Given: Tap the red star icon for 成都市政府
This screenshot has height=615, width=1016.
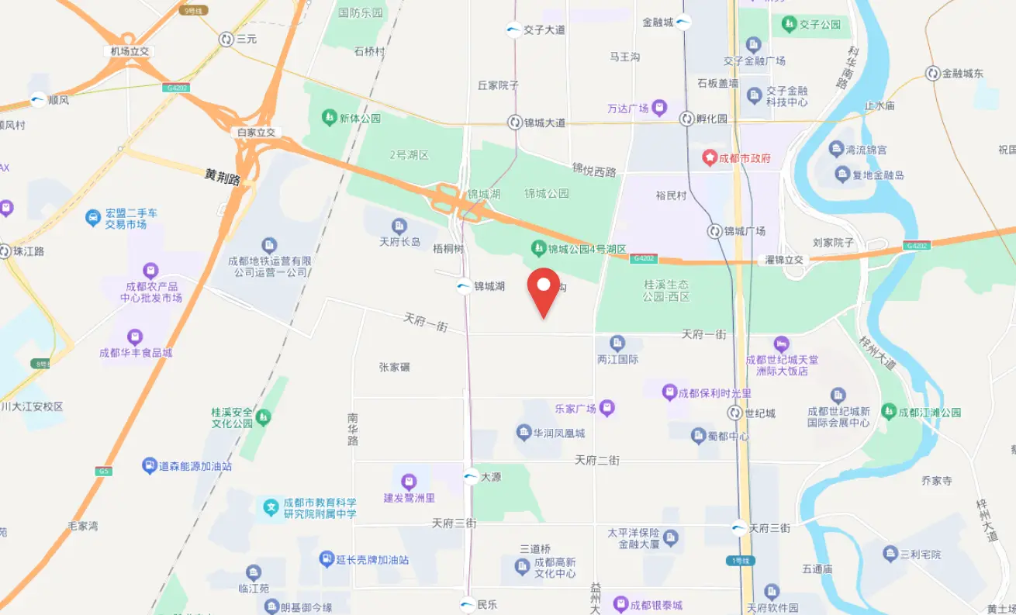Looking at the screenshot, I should coord(710,157).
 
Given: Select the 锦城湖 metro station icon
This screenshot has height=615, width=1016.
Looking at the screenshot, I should coord(463,286).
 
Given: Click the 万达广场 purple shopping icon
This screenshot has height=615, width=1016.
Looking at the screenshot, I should coord(658,107).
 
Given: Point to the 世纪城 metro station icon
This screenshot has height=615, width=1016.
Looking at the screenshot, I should coord(734,413).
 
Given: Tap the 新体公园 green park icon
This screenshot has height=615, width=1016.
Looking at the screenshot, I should coord(328,119).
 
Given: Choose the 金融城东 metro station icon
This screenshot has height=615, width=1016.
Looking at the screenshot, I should coord(932,74).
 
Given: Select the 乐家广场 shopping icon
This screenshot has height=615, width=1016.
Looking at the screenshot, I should coord(607,407).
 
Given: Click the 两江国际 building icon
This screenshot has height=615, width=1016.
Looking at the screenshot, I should coord(617,342).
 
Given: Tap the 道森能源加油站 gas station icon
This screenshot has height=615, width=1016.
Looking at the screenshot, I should coord(149,465).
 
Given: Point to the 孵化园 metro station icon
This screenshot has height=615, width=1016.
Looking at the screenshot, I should coord(686,119).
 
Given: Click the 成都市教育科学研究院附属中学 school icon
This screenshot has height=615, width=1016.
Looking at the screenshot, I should coord(271,508).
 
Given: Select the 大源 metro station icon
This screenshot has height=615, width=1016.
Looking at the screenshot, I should coord(471,477).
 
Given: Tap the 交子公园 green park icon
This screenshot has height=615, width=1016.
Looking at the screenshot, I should coord(789,24).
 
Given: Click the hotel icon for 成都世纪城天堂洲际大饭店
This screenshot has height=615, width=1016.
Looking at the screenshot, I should coord(781,343).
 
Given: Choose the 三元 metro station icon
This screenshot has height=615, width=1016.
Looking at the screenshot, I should coord(226,39).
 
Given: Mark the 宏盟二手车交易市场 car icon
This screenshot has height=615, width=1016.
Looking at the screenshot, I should coord(93,218).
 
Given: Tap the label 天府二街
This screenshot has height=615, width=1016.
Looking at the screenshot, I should coord(597,460).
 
